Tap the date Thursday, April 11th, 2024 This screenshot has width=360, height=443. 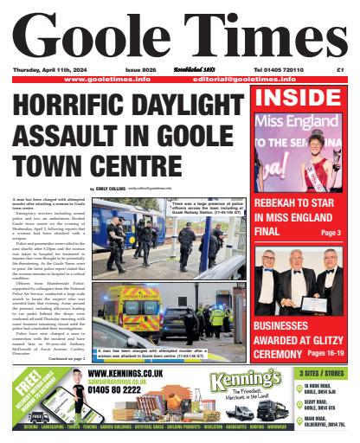[x=44, y=69]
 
